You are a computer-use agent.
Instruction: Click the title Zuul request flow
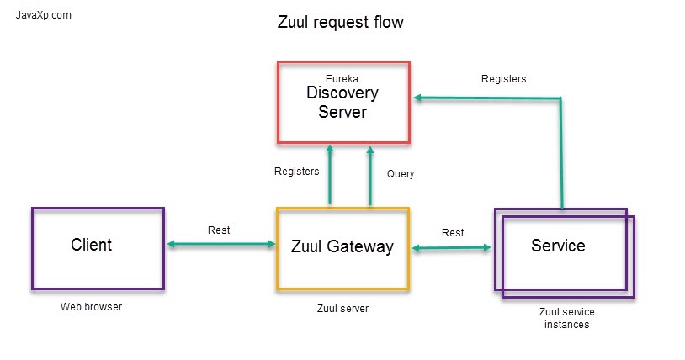tap(340, 23)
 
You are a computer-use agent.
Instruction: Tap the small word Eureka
tap(342, 79)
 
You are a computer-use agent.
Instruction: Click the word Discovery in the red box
tap(342, 93)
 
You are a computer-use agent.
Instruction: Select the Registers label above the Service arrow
tap(503, 79)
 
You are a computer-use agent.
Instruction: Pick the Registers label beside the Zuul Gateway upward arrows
tap(297, 172)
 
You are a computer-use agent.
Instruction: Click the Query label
tap(400, 174)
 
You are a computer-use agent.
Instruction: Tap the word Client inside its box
tap(91, 246)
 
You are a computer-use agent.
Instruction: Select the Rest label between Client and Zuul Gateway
tap(219, 230)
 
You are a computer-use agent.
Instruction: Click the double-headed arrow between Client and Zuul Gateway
tap(221, 245)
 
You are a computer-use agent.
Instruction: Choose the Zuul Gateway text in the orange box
tap(342, 247)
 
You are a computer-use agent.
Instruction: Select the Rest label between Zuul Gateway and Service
tap(453, 233)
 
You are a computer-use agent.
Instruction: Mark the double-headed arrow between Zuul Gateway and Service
tap(452, 247)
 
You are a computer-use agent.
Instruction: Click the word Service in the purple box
tap(558, 246)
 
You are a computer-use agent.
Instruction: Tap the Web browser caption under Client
tap(91, 307)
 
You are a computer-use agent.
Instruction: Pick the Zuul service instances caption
tap(566, 318)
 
